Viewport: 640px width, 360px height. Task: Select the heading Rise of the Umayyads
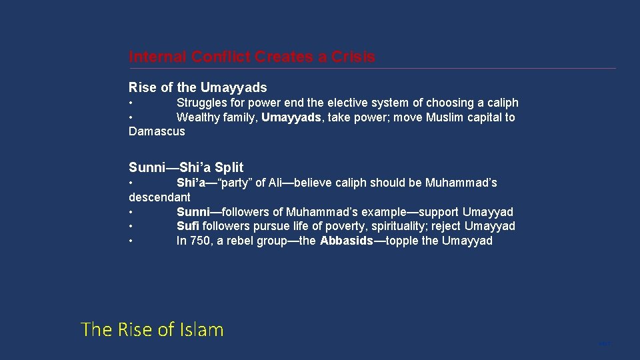197,87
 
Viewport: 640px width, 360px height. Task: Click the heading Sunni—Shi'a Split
186,167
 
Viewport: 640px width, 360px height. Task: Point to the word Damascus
157,131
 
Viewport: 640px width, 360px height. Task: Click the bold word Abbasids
346,241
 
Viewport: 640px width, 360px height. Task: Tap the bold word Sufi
188,226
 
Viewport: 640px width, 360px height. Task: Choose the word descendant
159,197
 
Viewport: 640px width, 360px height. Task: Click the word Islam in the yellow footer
200,329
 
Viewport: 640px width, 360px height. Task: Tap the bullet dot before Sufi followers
132,226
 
